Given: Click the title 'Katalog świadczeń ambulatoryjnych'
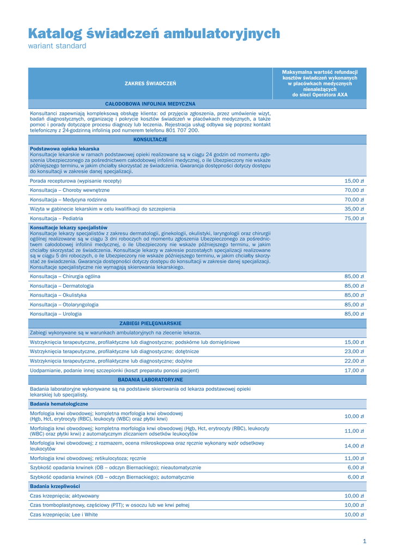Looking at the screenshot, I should click(154, 34).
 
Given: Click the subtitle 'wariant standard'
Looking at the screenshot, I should click(57, 46).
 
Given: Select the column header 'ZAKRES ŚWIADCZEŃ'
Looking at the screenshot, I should click(150, 83).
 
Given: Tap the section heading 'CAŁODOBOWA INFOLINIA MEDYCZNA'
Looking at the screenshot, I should click(150, 104).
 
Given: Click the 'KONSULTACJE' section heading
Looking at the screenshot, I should click(150, 140).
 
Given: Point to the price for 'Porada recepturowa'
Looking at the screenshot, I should click(354, 181).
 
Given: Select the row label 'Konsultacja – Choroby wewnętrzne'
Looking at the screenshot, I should click(70, 190).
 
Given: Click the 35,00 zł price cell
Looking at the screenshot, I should click(354, 209).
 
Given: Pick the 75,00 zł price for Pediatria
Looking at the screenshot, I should click(354, 219).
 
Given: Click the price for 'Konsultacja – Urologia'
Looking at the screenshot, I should click(354, 314).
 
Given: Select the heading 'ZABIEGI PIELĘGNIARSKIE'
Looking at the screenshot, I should click(150, 323).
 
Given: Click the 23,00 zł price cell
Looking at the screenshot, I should click(354, 351).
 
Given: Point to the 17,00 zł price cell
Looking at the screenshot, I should click(354, 371).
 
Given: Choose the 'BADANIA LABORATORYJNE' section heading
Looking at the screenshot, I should click(150, 379).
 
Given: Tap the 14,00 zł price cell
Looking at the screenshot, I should click(354, 446).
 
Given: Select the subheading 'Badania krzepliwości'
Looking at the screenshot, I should click(55, 486).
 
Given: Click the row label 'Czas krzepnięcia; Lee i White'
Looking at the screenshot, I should click(64, 514).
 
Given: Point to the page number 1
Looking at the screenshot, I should click(364, 541).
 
